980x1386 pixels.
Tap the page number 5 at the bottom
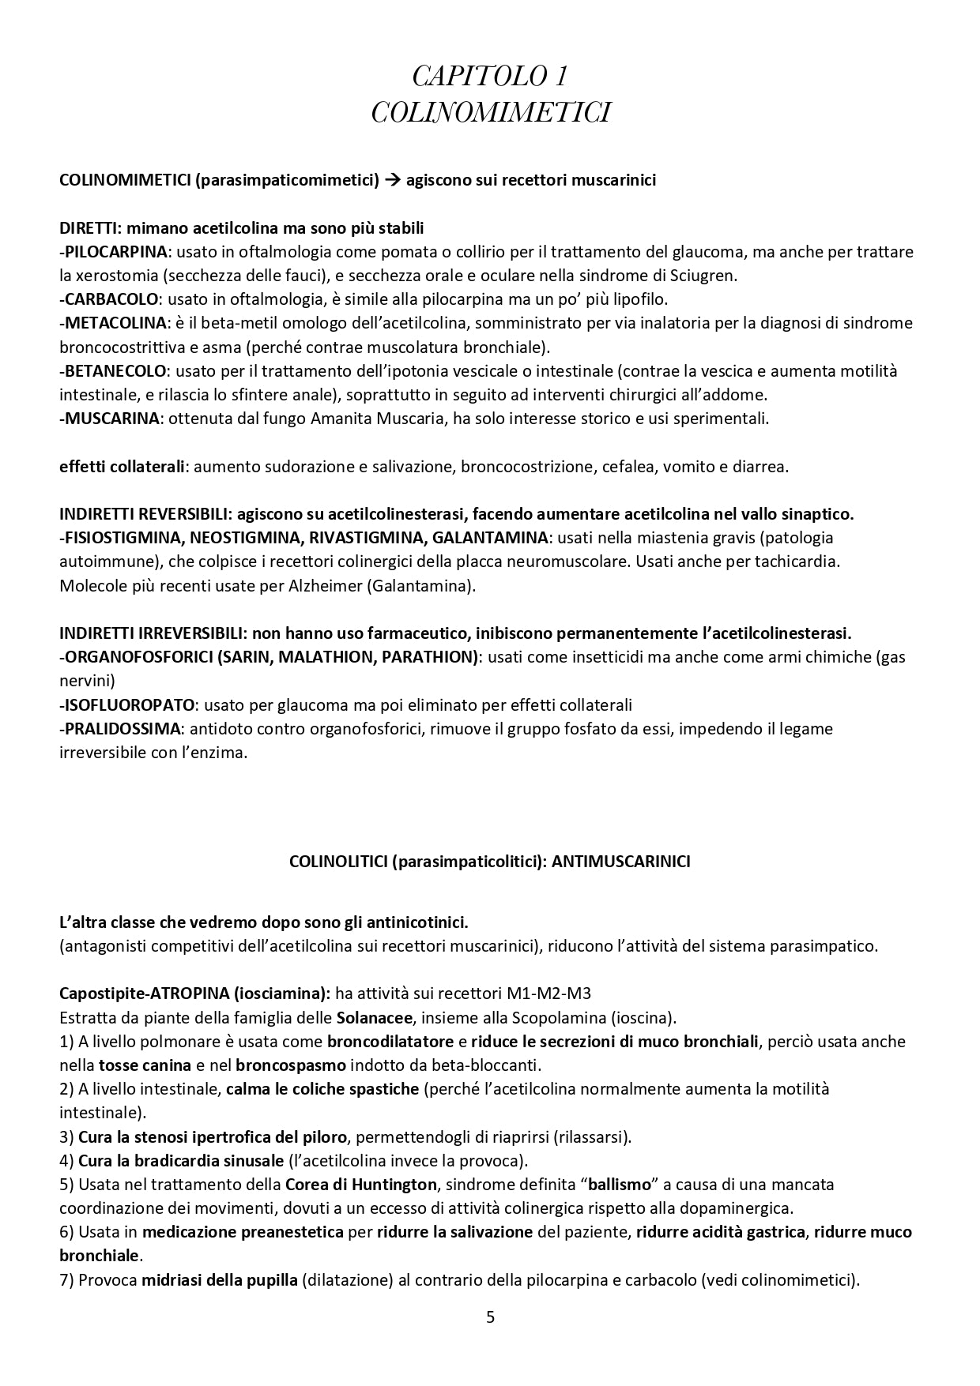pyautogui.click(x=490, y=1317)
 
